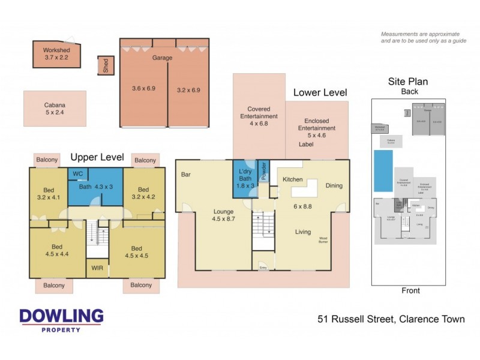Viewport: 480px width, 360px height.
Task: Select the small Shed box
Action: (x=106, y=66)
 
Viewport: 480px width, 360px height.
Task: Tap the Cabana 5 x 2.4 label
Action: (x=55, y=107)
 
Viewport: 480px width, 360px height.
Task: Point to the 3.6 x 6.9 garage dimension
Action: (x=143, y=89)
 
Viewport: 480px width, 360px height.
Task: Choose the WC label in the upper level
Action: (x=77, y=174)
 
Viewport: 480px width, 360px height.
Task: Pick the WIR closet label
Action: (x=97, y=268)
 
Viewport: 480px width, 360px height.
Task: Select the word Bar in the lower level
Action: (x=185, y=175)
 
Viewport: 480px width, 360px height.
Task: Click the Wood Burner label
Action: (x=323, y=240)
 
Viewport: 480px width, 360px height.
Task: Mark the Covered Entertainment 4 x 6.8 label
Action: (x=259, y=116)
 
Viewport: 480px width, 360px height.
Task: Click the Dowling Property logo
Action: (x=61, y=320)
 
